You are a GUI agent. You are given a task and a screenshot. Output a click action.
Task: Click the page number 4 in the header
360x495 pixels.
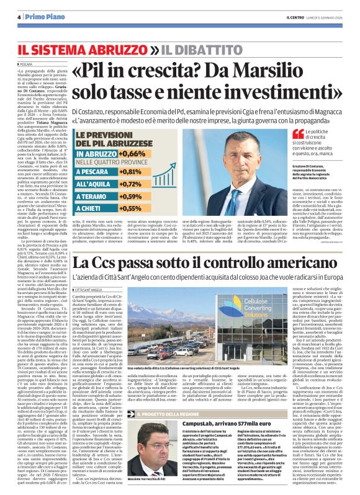(20, 17)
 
